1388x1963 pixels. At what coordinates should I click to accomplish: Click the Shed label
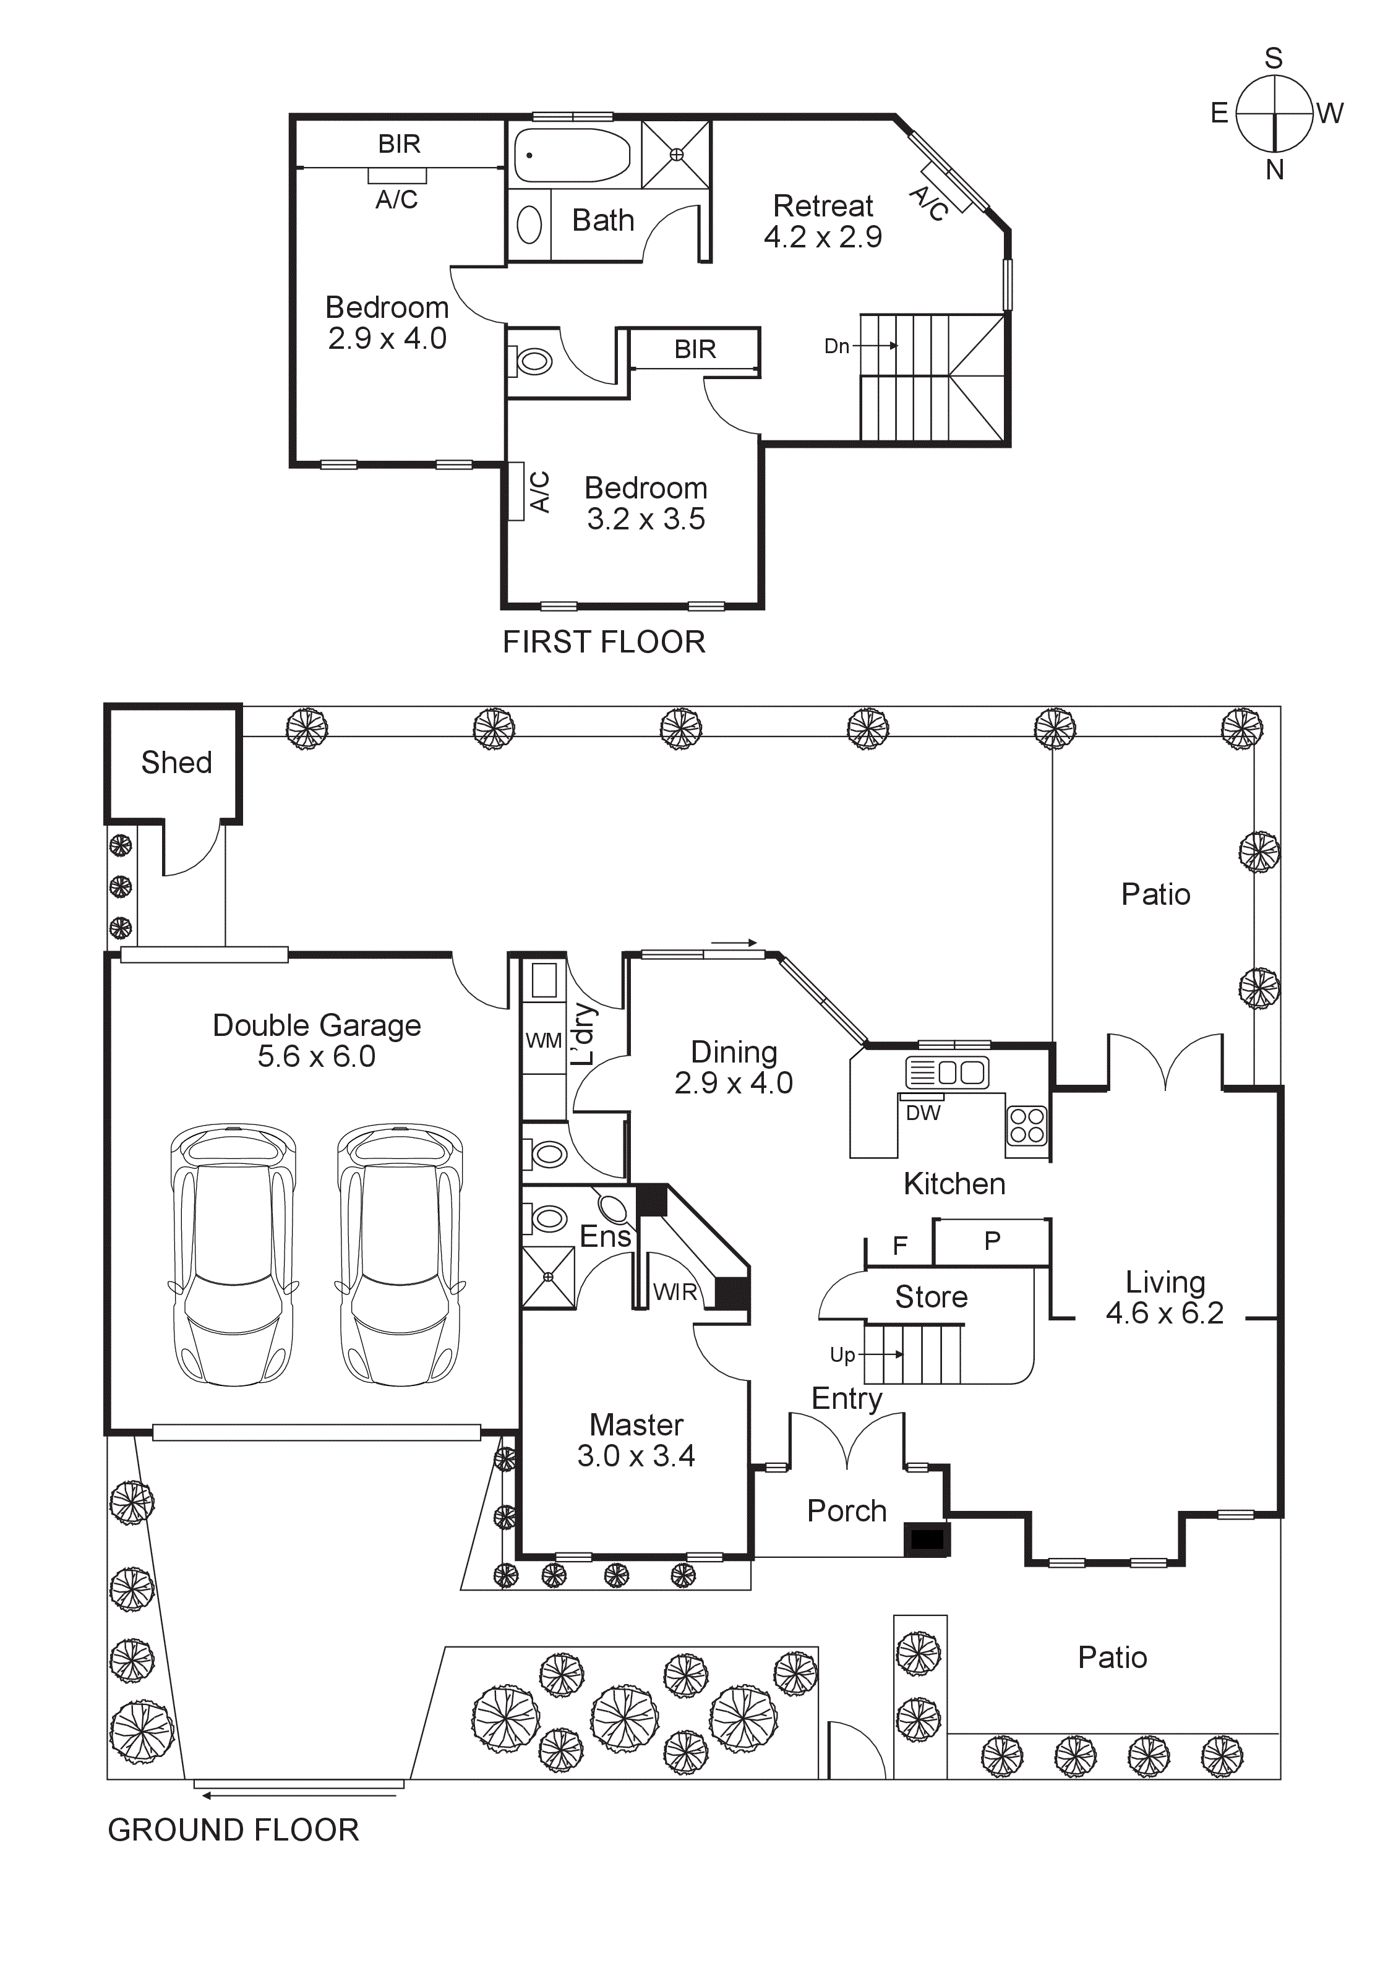(x=176, y=762)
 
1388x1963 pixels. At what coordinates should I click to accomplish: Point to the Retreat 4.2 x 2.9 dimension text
(x=823, y=237)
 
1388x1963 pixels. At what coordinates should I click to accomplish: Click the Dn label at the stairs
(x=836, y=346)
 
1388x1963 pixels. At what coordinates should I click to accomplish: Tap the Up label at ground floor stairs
(x=842, y=1354)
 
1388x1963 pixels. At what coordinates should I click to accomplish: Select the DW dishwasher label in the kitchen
(x=923, y=1113)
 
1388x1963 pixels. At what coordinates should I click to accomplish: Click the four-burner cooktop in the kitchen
(x=1026, y=1125)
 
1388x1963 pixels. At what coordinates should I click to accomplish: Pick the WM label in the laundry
(x=543, y=1040)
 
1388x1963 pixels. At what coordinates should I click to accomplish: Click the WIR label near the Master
(x=675, y=1292)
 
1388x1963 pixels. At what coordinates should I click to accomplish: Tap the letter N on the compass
(x=1274, y=170)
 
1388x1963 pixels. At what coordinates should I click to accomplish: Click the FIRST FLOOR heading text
(x=604, y=642)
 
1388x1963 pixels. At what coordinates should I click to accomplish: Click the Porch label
(x=847, y=1511)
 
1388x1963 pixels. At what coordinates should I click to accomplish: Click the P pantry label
(x=992, y=1241)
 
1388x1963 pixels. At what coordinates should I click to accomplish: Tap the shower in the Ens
(x=548, y=1277)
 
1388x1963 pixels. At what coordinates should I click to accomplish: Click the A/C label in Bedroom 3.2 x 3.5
(x=539, y=491)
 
